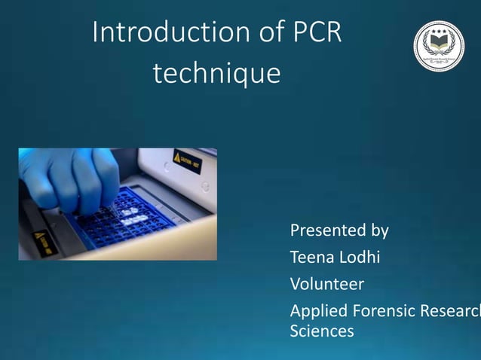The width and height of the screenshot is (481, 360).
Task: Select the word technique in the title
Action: point(216,74)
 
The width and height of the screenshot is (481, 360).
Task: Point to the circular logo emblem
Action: point(439,47)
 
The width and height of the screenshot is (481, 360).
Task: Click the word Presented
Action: point(325,230)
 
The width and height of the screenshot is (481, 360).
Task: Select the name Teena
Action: point(311,258)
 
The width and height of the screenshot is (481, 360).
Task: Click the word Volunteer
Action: point(327,285)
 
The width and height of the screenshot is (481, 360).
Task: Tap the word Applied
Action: point(317,312)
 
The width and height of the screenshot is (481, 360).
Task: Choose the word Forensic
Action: point(379,311)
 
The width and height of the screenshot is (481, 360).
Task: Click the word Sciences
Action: point(321,331)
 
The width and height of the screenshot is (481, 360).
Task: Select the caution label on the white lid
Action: point(187,160)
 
